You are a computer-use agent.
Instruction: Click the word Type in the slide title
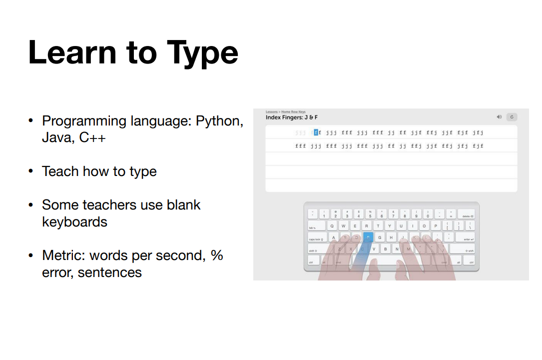pos(202,53)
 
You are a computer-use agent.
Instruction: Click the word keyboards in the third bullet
pos(74,221)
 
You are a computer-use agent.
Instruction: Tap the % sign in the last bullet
pos(216,255)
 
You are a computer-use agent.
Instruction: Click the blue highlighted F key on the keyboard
pos(368,237)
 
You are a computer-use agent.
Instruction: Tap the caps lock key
pos(317,238)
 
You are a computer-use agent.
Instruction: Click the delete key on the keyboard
pos(467,214)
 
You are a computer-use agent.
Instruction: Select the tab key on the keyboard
pos(314,226)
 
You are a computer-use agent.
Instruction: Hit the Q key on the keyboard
pos(332,226)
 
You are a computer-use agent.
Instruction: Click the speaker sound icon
pos(499,117)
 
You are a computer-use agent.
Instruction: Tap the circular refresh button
pos(512,117)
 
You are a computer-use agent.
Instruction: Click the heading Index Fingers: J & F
pos(292,117)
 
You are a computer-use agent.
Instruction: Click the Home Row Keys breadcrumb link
pos(293,112)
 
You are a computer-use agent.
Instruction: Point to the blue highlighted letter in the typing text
pos(316,132)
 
